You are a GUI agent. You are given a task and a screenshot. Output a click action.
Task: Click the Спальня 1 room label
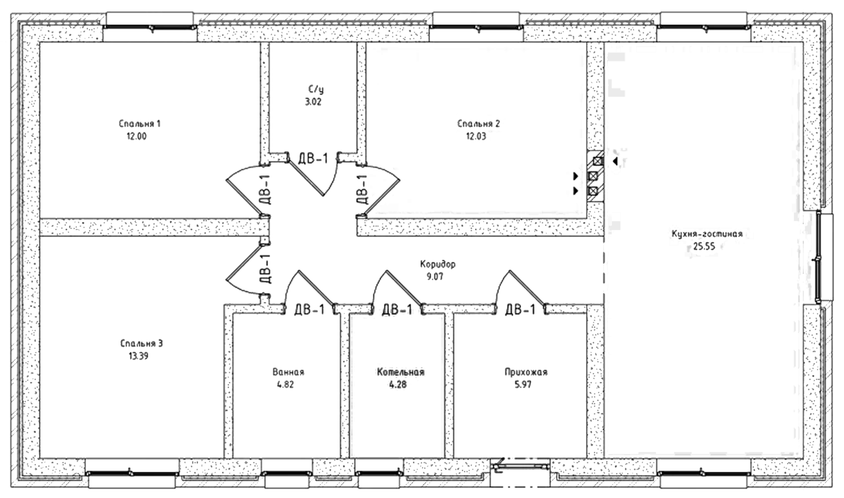139,123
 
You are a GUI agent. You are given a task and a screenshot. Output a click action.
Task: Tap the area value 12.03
476,136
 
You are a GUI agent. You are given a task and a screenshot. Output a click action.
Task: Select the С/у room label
315,89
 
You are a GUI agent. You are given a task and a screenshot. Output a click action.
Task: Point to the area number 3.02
313,102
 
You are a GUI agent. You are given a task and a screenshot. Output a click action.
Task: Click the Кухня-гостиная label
707,234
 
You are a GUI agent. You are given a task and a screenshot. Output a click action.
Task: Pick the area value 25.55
704,246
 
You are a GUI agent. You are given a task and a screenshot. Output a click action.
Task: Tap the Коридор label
438,264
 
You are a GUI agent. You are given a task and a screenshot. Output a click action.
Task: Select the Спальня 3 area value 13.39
138,356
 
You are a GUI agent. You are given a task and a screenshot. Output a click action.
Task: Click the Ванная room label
288,372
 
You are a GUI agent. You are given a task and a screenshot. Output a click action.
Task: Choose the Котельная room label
401,372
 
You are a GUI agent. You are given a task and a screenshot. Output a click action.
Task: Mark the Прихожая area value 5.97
523,384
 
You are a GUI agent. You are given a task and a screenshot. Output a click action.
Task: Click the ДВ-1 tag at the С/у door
313,159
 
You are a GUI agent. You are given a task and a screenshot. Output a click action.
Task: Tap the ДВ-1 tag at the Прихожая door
520,309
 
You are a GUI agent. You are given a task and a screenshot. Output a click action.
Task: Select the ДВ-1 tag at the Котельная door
397,309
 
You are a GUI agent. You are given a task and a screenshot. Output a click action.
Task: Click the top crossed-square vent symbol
598,162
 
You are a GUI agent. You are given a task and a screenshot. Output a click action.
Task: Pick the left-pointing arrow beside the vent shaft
615,162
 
